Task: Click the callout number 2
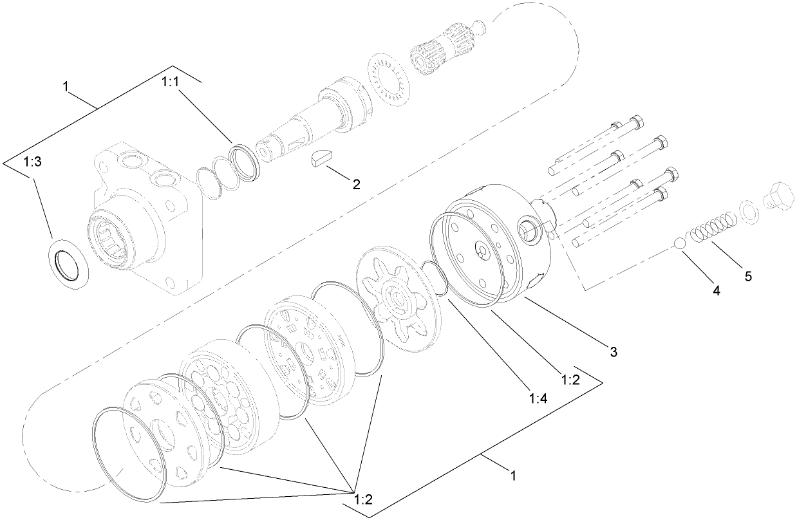(x=355, y=184)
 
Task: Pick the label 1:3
(x=32, y=163)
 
